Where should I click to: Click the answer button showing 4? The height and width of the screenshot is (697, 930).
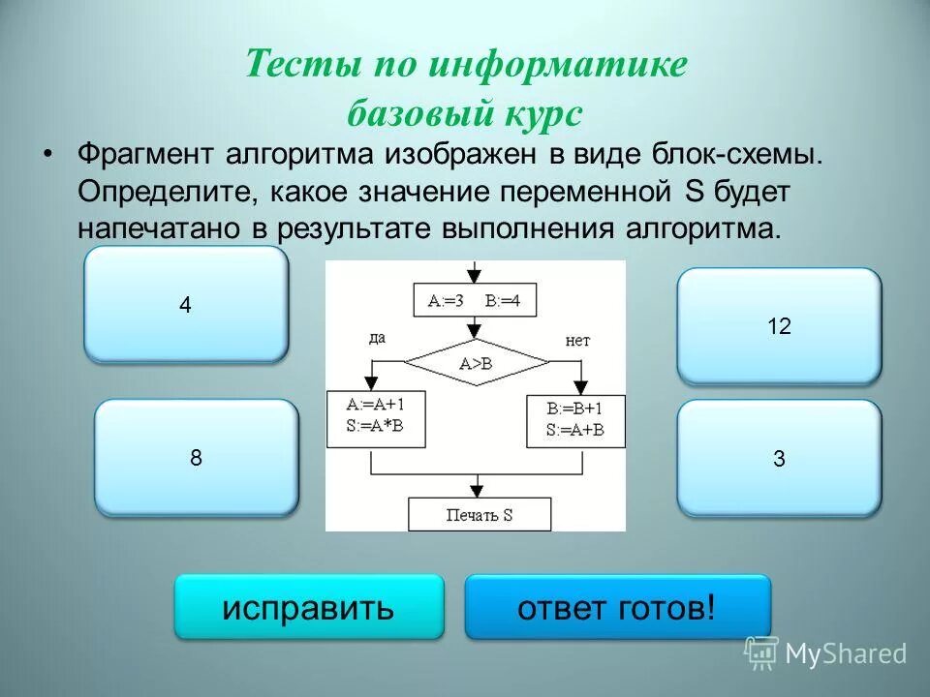click(x=186, y=304)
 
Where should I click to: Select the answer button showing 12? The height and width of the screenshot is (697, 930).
click(x=779, y=326)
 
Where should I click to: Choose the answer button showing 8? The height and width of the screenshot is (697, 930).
click(x=196, y=457)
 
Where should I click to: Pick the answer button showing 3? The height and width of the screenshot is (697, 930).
click(x=779, y=459)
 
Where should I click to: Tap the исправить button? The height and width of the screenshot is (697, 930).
click(x=308, y=608)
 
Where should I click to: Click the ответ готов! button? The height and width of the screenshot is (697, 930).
click(x=617, y=608)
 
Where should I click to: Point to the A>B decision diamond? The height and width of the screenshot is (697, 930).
click(x=476, y=363)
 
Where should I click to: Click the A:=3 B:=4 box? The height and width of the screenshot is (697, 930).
click(x=475, y=300)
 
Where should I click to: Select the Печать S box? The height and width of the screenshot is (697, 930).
click(x=479, y=515)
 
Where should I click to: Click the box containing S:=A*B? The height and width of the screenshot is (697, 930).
click(x=373, y=418)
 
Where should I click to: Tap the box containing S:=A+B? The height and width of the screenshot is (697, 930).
click(x=575, y=421)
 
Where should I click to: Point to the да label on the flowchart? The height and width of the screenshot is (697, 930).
click(x=378, y=339)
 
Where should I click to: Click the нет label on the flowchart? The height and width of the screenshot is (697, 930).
click(x=577, y=341)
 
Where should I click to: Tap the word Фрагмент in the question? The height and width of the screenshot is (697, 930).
click(x=145, y=155)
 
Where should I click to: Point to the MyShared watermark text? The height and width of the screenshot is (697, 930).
click(x=846, y=653)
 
